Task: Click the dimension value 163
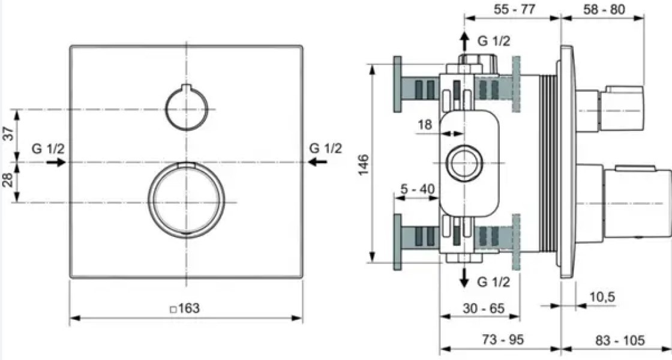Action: (x=189, y=308)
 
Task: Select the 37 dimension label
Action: (x=9, y=133)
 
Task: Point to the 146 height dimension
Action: (x=363, y=164)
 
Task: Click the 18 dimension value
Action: (x=425, y=125)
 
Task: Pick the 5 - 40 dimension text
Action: (x=418, y=189)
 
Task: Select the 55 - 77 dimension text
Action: (x=514, y=10)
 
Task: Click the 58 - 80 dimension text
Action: (x=604, y=10)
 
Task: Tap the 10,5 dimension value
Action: (x=602, y=296)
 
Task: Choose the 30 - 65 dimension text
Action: (x=484, y=308)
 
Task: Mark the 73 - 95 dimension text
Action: (x=503, y=340)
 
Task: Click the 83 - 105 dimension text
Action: (x=620, y=340)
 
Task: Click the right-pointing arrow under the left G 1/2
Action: (x=56, y=162)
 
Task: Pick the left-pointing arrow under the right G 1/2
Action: (x=317, y=162)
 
